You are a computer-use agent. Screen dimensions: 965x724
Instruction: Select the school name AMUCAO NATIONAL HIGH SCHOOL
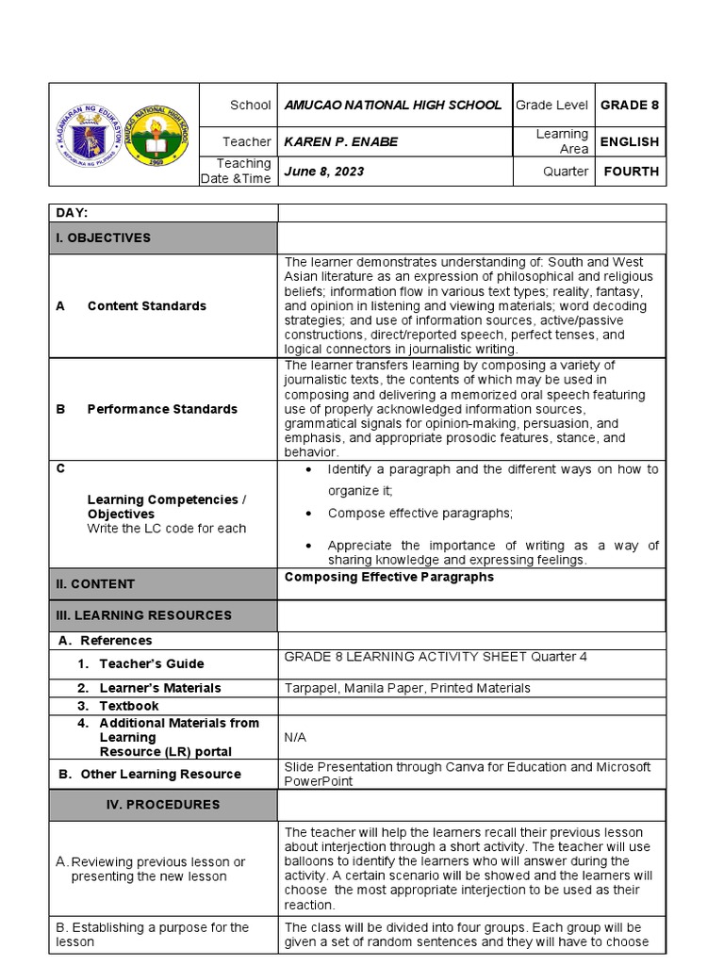[393, 106]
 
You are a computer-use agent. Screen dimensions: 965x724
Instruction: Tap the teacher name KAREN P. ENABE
[341, 142]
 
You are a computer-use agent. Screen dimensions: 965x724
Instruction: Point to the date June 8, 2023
[324, 172]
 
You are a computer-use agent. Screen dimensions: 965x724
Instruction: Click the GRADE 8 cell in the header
[630, 106]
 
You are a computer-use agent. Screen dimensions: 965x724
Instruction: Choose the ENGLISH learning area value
[631, 142]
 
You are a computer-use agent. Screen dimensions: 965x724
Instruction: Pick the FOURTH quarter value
[631, 172]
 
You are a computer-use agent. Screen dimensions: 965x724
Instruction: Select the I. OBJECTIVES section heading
[103, 238]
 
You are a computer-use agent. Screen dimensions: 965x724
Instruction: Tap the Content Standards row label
[146, 306]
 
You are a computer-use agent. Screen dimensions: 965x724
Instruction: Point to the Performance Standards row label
[162, 409]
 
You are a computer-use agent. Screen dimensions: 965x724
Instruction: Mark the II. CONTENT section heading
[94, 584]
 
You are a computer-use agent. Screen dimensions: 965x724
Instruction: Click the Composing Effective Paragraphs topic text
[388, 578]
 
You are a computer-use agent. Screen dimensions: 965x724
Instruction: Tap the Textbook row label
[129, 706]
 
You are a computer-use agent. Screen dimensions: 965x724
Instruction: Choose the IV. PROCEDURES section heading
[162, 805]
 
